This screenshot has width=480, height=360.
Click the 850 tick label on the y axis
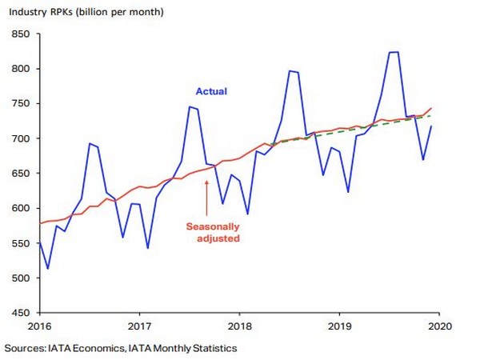[x=21, y=34]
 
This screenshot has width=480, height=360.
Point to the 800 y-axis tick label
[x=21, y=69]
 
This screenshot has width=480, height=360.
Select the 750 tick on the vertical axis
[x=21, y=103]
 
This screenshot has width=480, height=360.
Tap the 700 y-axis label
[x=21, y=138]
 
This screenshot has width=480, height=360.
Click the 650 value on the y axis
[x=21, y=174]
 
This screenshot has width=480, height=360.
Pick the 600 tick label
[x=21, y=208]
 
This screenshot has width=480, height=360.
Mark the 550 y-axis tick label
[x=21, y=243]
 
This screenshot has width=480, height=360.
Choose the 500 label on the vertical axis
[x=21, y=278]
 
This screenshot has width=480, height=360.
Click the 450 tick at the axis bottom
[x=21, y=313]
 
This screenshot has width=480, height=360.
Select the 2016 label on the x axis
[x=40, y=326]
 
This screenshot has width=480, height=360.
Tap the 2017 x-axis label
[x=139, y=326]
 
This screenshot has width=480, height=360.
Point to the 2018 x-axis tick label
[x=239, y=326]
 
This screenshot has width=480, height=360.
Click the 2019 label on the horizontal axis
[x=339, y=326]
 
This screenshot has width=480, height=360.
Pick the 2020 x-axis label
[x=439, y=326]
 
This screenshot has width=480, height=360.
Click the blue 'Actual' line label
[x=211, y=91]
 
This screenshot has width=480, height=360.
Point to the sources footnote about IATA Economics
[x=121, y=348]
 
